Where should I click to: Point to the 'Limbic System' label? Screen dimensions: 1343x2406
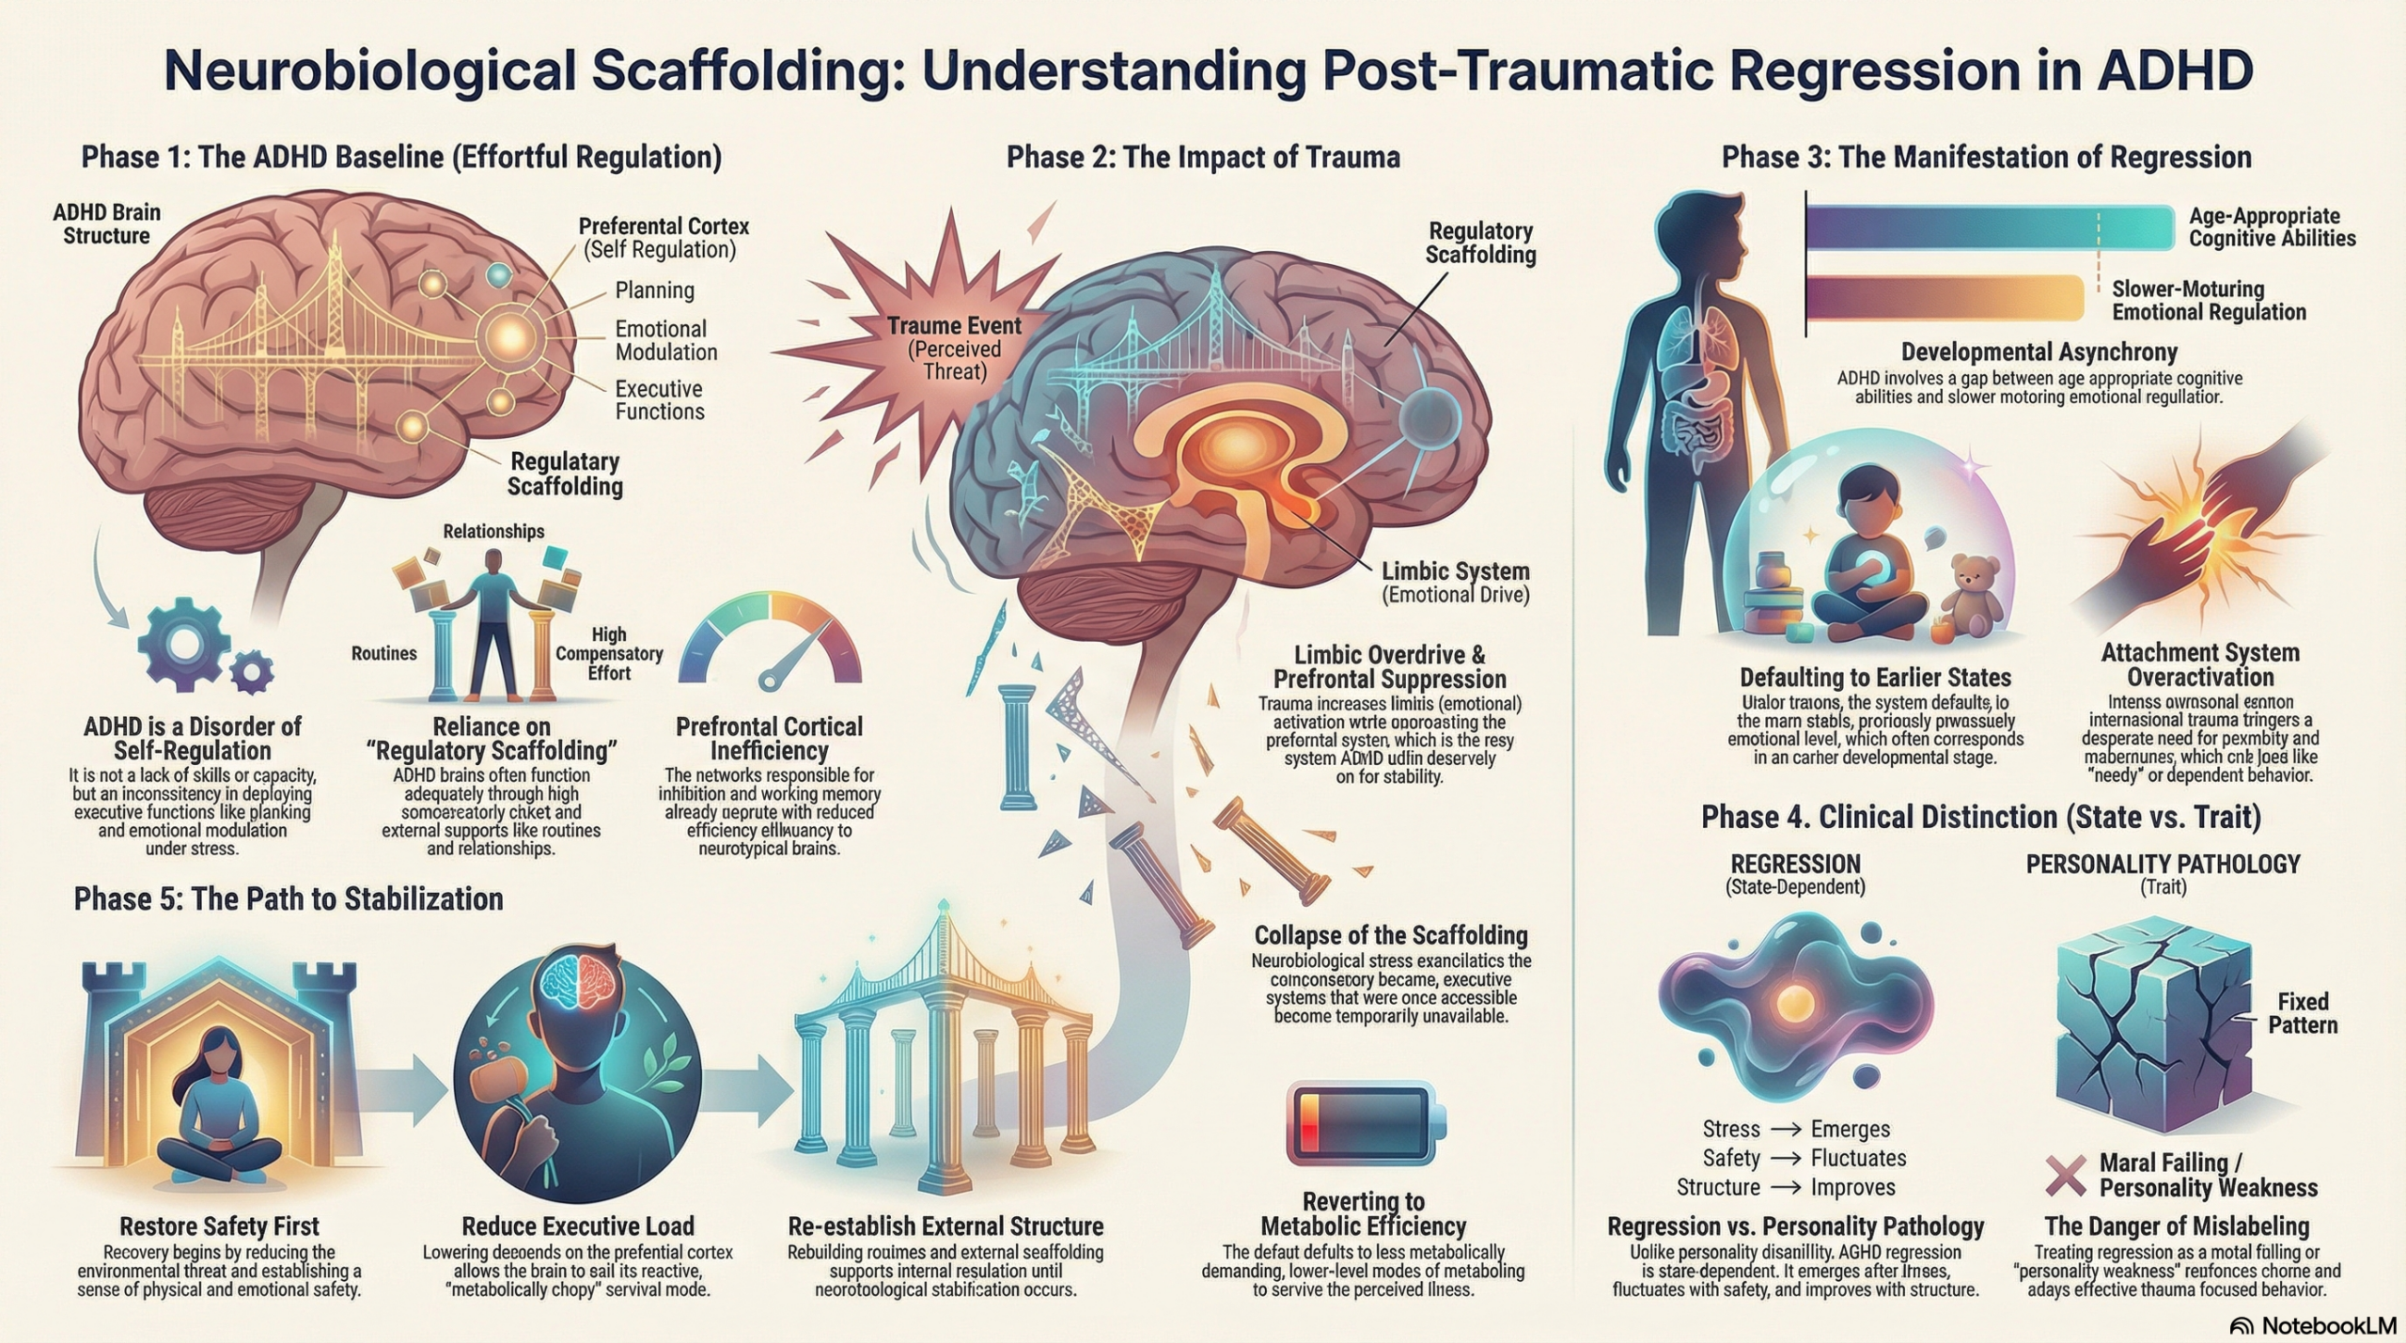click(1455, 571)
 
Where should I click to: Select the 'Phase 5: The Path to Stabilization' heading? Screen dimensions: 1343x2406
click(289, 898)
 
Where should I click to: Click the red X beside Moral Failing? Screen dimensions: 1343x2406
click(2067, 1176)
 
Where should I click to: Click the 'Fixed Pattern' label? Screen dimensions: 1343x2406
click(2302, 1012)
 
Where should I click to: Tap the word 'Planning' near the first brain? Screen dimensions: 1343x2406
click(654, 290)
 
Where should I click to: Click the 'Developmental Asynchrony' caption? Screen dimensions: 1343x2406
click(2039, 352)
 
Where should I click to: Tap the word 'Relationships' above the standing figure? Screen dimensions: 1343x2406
click(493, 532)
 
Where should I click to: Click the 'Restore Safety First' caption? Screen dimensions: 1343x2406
click(219, 1226)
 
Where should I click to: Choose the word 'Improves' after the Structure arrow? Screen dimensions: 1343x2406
click(1852, 1187)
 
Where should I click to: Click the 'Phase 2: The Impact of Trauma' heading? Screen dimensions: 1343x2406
click(1203, 157)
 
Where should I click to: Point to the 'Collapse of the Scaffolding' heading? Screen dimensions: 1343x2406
click(1391, 935)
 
